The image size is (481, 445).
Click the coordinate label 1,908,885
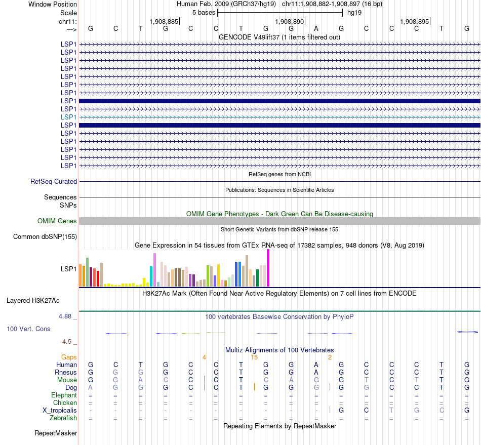(164, 21)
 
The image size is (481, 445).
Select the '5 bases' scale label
(204, 12)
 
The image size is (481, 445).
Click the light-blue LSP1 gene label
(68, 117)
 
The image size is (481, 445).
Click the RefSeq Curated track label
(54, 181)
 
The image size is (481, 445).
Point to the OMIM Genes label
(57, 221)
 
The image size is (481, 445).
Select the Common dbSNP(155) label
(45, 236)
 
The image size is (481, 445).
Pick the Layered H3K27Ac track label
(33, 300)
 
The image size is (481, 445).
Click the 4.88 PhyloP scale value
(67, 316)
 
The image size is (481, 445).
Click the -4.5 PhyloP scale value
(69, 342)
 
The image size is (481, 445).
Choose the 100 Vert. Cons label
(28, 329)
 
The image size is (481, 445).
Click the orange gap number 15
(254, 357)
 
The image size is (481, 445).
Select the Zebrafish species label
(63, 418)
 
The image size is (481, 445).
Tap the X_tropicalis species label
(60, 410)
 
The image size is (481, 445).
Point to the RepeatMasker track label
(56, 433)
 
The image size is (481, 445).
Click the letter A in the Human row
(316, 365)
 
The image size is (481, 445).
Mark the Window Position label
(53, 4)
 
